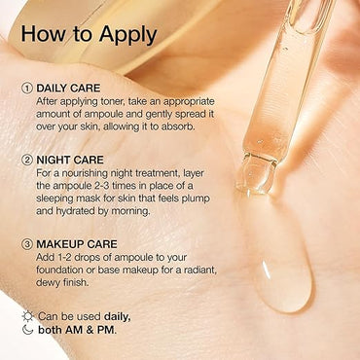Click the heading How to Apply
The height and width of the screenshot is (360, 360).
coord(89,35)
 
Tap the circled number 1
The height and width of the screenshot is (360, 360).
coord(26,89)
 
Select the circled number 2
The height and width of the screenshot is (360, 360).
coord(26,160)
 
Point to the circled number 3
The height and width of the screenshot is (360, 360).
coord(26,244)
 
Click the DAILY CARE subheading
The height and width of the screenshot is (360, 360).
coord(68,89)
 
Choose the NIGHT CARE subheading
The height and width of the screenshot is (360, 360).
coord(70,160)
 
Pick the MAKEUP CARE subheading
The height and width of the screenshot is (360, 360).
coord(77,244)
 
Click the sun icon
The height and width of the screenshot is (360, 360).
coord(27,316)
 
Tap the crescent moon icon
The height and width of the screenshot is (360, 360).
coord(27,330)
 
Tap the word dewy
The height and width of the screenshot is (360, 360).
coord(47,283)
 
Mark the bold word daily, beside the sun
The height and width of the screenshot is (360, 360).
coord(118,316)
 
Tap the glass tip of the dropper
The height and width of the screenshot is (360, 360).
coord(257,174)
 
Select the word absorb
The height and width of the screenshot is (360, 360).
coord(178,126)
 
